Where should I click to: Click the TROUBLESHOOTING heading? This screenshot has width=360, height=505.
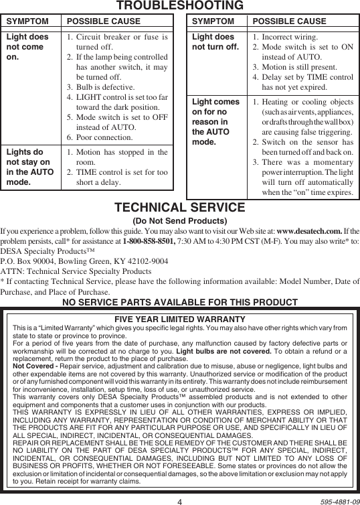tap(180, 6)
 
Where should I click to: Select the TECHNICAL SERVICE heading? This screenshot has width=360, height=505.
tap(180, 208)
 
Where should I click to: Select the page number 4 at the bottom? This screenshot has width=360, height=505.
tap(180, 499)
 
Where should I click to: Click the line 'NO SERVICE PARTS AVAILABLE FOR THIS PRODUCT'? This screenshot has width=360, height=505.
tap(180, 302)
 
